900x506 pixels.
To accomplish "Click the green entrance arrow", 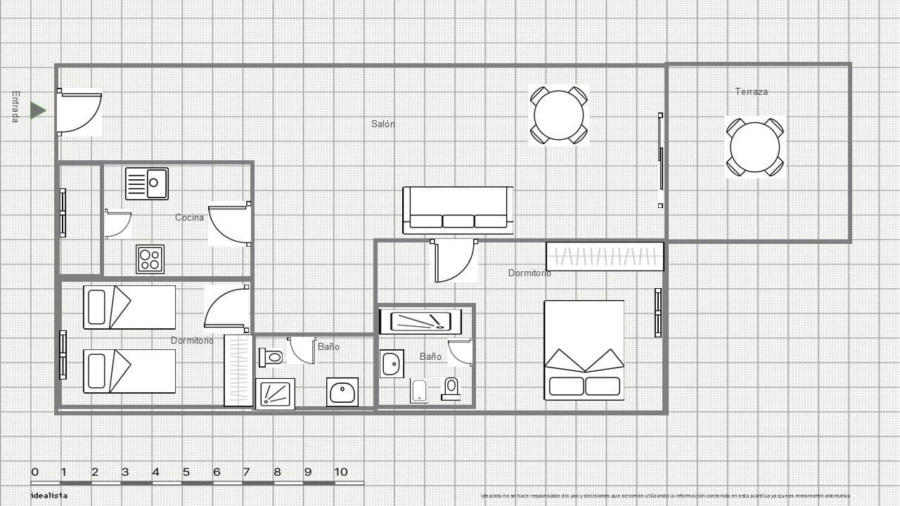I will click(x=38, y=110).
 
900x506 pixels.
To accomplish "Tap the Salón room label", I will click(x=383, y=124).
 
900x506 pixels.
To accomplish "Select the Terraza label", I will click(x=751, y=91).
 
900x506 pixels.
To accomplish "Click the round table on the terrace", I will click(x=754, y=148).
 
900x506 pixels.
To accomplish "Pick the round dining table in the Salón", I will click(x=559, y=115).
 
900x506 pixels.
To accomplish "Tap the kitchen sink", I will click(x=147, y=183).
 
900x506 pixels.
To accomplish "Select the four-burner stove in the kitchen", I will click(x=150, y=259).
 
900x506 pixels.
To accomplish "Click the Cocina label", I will click(x=189, y=218).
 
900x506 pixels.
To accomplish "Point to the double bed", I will click(x=584, y=350).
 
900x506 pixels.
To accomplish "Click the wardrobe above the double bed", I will click(x=605, y=257).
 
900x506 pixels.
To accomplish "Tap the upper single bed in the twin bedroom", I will click(x=129, y=307).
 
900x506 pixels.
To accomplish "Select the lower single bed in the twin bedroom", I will click(x=129, y=371).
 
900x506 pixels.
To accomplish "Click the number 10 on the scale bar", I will click(x=341, y=472).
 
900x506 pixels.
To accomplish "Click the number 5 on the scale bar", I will click(x=186, y=472).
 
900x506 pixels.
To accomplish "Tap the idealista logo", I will click(x=49, y=495).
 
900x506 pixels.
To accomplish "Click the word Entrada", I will click(x=15, y=107).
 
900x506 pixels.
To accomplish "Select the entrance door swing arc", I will click(x=80, y=112).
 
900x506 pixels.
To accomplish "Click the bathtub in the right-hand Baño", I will click(x=420, y=322).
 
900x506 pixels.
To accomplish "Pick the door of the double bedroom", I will click(x=453, y=261).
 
